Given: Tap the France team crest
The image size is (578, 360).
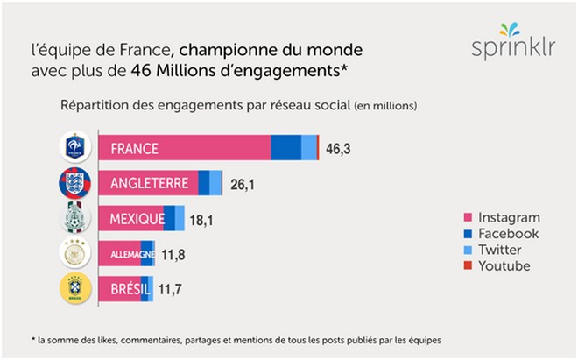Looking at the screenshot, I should click(74, 147).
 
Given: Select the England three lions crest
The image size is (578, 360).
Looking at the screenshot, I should click(74, 183).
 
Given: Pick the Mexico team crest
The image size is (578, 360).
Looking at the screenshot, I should click(74, 218).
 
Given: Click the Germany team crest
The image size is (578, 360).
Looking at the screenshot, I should click(74, 254).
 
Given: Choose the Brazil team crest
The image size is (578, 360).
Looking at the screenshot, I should click(74, 289).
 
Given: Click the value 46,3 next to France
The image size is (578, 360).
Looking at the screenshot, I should click(338, 148).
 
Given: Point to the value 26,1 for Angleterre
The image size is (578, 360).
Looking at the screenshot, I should click(242, 184).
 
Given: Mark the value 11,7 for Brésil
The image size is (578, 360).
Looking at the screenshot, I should click(169, 290).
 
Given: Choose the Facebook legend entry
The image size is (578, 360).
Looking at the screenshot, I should click(502, 234).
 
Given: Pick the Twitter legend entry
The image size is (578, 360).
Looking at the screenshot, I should click(497, 250).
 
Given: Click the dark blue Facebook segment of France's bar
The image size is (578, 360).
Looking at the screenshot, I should click(285, 148).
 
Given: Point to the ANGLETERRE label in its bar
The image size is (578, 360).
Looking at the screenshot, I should click(150, 184).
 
